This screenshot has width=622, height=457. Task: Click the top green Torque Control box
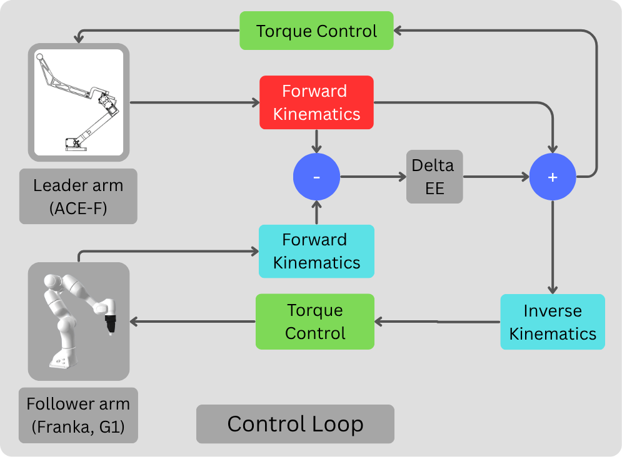click(x=316, y=31)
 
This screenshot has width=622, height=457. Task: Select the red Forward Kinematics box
click(x=316, y=102)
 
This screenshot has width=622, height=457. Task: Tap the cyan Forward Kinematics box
click(x=316, y=251)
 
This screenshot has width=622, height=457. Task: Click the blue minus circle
click(x=316, y=177)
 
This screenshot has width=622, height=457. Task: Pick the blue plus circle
click(x=553, y=177)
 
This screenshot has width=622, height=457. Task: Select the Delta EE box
click(x=434, y=177)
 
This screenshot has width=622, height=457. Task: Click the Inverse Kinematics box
click(x=553, y=322)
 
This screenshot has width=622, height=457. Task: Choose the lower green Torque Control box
click(x=315, y=322)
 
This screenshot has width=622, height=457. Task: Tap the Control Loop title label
click(x=295, y=424)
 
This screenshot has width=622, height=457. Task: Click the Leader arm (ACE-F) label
click(x=78, y=196)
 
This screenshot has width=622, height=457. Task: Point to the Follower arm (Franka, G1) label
click(x=78, y=415)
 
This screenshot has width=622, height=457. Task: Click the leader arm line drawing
click(x=78, y=103)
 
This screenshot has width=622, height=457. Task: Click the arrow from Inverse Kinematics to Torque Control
click(x=438, y=322)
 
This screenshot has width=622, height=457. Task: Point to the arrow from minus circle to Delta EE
click(x=373, y=177)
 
